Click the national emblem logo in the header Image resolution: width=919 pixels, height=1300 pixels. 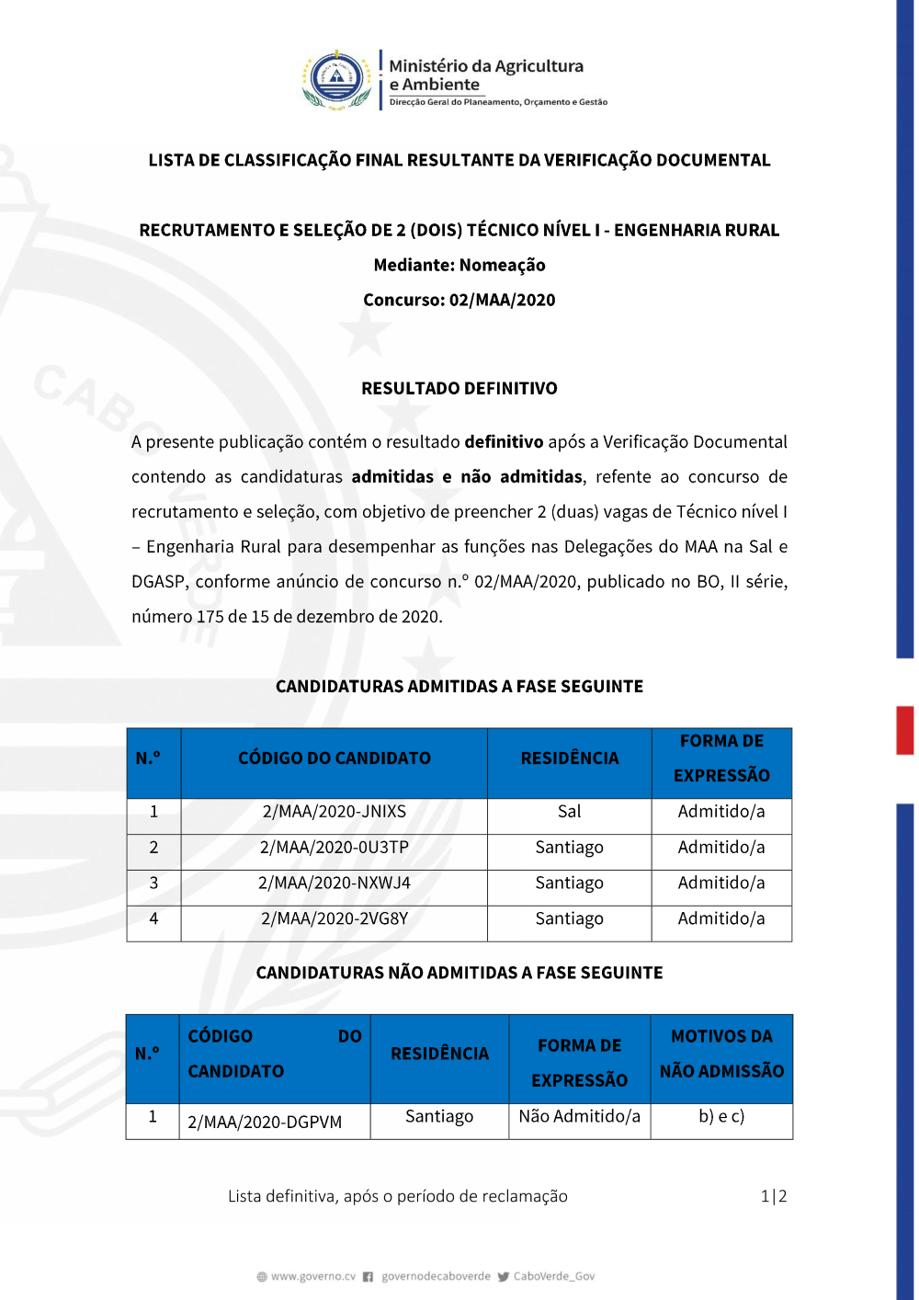tap(337, 80)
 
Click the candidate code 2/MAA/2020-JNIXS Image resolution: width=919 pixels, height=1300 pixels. tap(334, 812)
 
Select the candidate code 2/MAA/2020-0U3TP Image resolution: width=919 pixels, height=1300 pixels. tap(334, 848)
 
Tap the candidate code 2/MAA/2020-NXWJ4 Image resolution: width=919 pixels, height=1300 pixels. tap(334, 884)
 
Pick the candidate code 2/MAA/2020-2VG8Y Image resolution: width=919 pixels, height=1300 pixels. tap(334, 918)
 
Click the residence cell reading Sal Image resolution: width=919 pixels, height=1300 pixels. tap(569, 812)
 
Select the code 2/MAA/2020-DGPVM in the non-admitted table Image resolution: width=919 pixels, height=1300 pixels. tap(265, 1122)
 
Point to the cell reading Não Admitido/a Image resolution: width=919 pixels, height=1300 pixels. tap(579, 1116)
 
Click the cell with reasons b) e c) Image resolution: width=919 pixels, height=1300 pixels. tap(721, 1116)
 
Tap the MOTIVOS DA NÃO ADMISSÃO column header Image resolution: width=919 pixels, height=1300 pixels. tap(721, 1054)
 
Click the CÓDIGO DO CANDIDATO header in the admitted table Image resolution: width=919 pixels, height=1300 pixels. tap(334, 758)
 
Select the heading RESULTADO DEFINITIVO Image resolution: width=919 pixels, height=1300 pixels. tap(459, 388)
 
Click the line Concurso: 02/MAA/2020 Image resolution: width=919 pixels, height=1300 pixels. tap(459, 300)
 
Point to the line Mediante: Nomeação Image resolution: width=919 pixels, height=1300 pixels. tap(459, 265)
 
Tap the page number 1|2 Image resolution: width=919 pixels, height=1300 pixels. tap(773, 1196)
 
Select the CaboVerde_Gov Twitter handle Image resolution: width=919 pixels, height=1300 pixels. tap(553, 1276)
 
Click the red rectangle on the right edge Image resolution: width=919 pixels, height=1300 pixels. tap(905, 730)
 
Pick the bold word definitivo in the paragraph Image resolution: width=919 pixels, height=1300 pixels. tap(504, 441)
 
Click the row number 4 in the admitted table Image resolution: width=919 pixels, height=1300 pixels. tap(153, 918)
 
